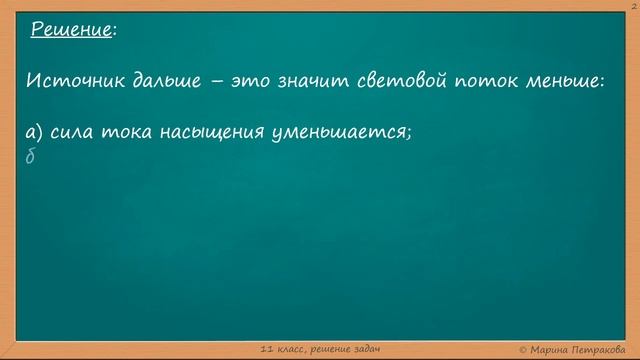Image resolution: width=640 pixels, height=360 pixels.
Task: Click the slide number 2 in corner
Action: click(x=634, y=5)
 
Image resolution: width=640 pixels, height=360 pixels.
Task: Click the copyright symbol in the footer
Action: click(x=524, y=348)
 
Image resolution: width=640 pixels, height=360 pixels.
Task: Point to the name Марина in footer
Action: click(x=551, y=348)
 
